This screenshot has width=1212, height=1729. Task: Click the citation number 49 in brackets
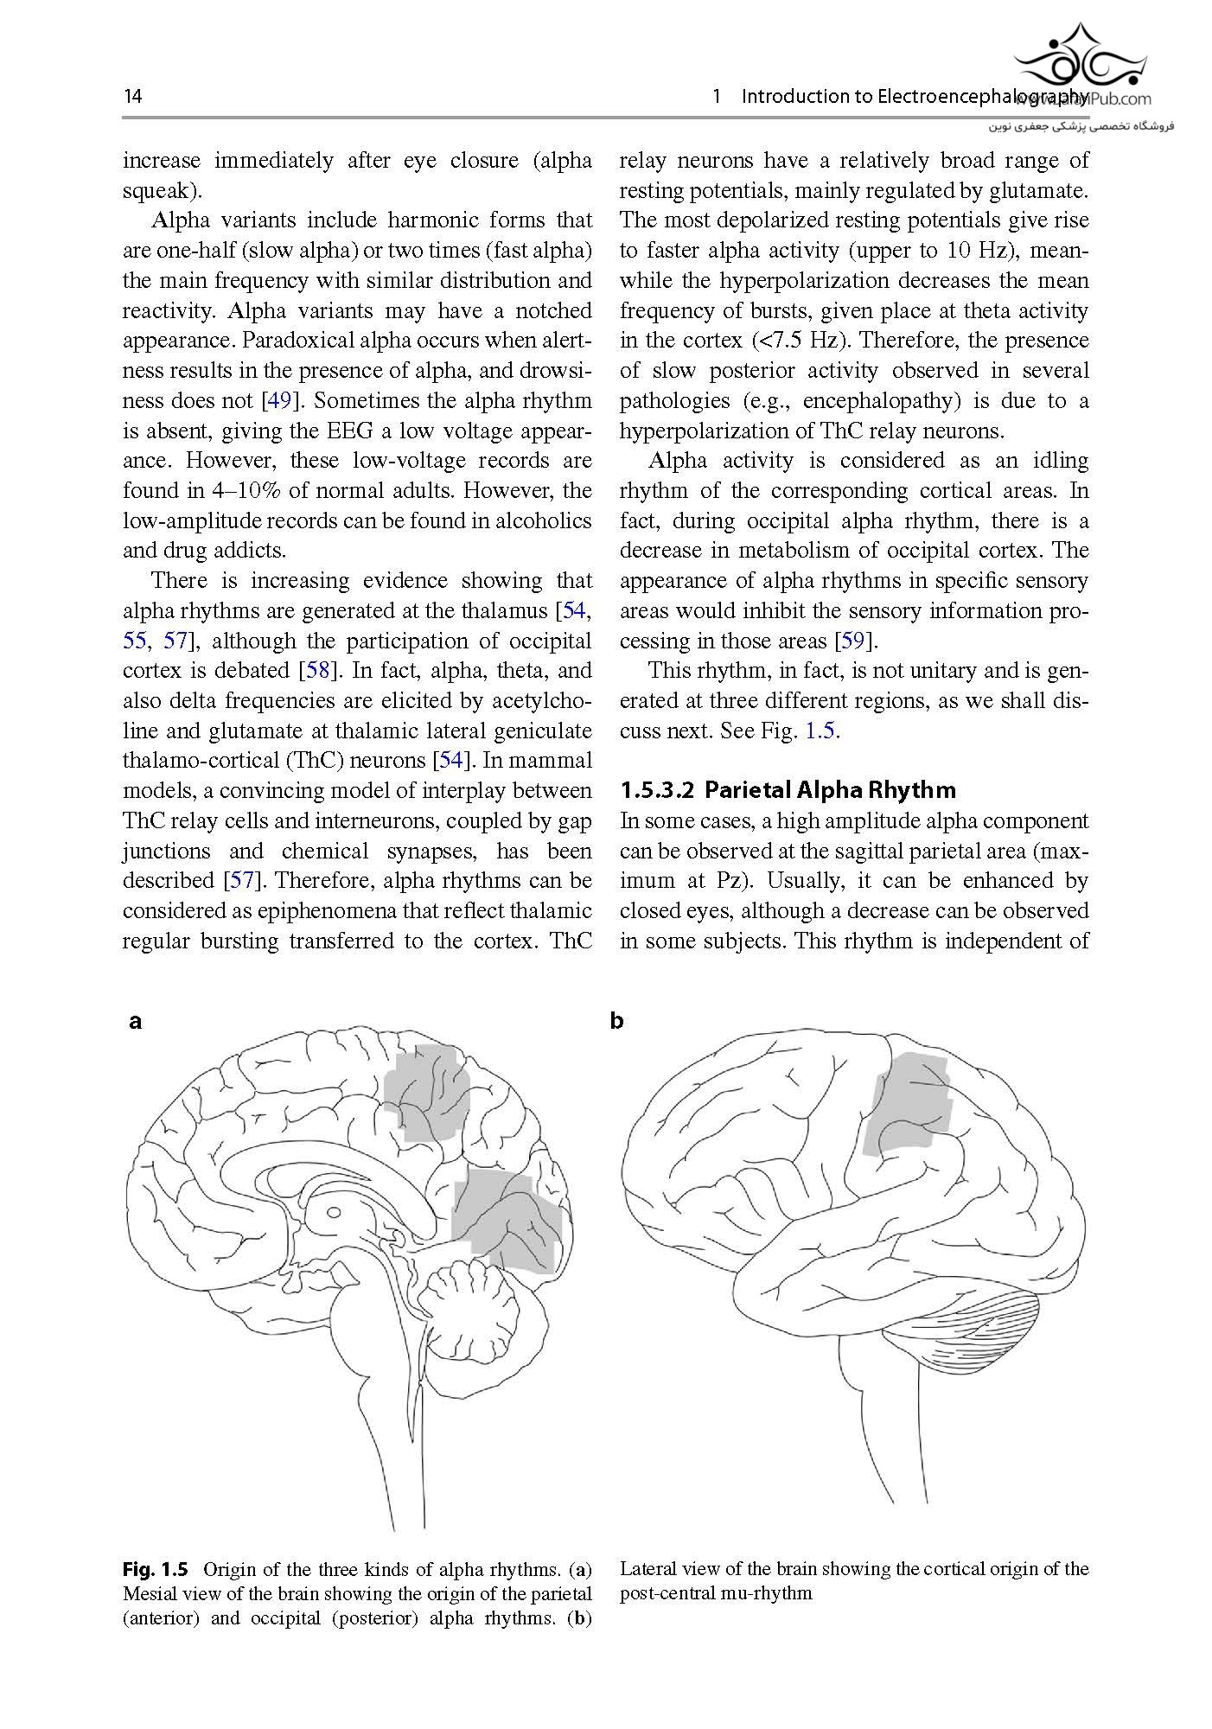pyautogui.click(x=279, y=401)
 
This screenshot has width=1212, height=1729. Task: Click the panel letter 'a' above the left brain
pyautogui.click(x=135, y=1021)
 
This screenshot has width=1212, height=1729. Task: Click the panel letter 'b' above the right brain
pyautogui.click(x=616, y=1021)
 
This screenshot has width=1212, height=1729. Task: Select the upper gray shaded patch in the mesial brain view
pyautogui.click(x=426, y=1090)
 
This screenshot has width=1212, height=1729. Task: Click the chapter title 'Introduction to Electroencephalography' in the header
pyautogui.click(x=915, y=96)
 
